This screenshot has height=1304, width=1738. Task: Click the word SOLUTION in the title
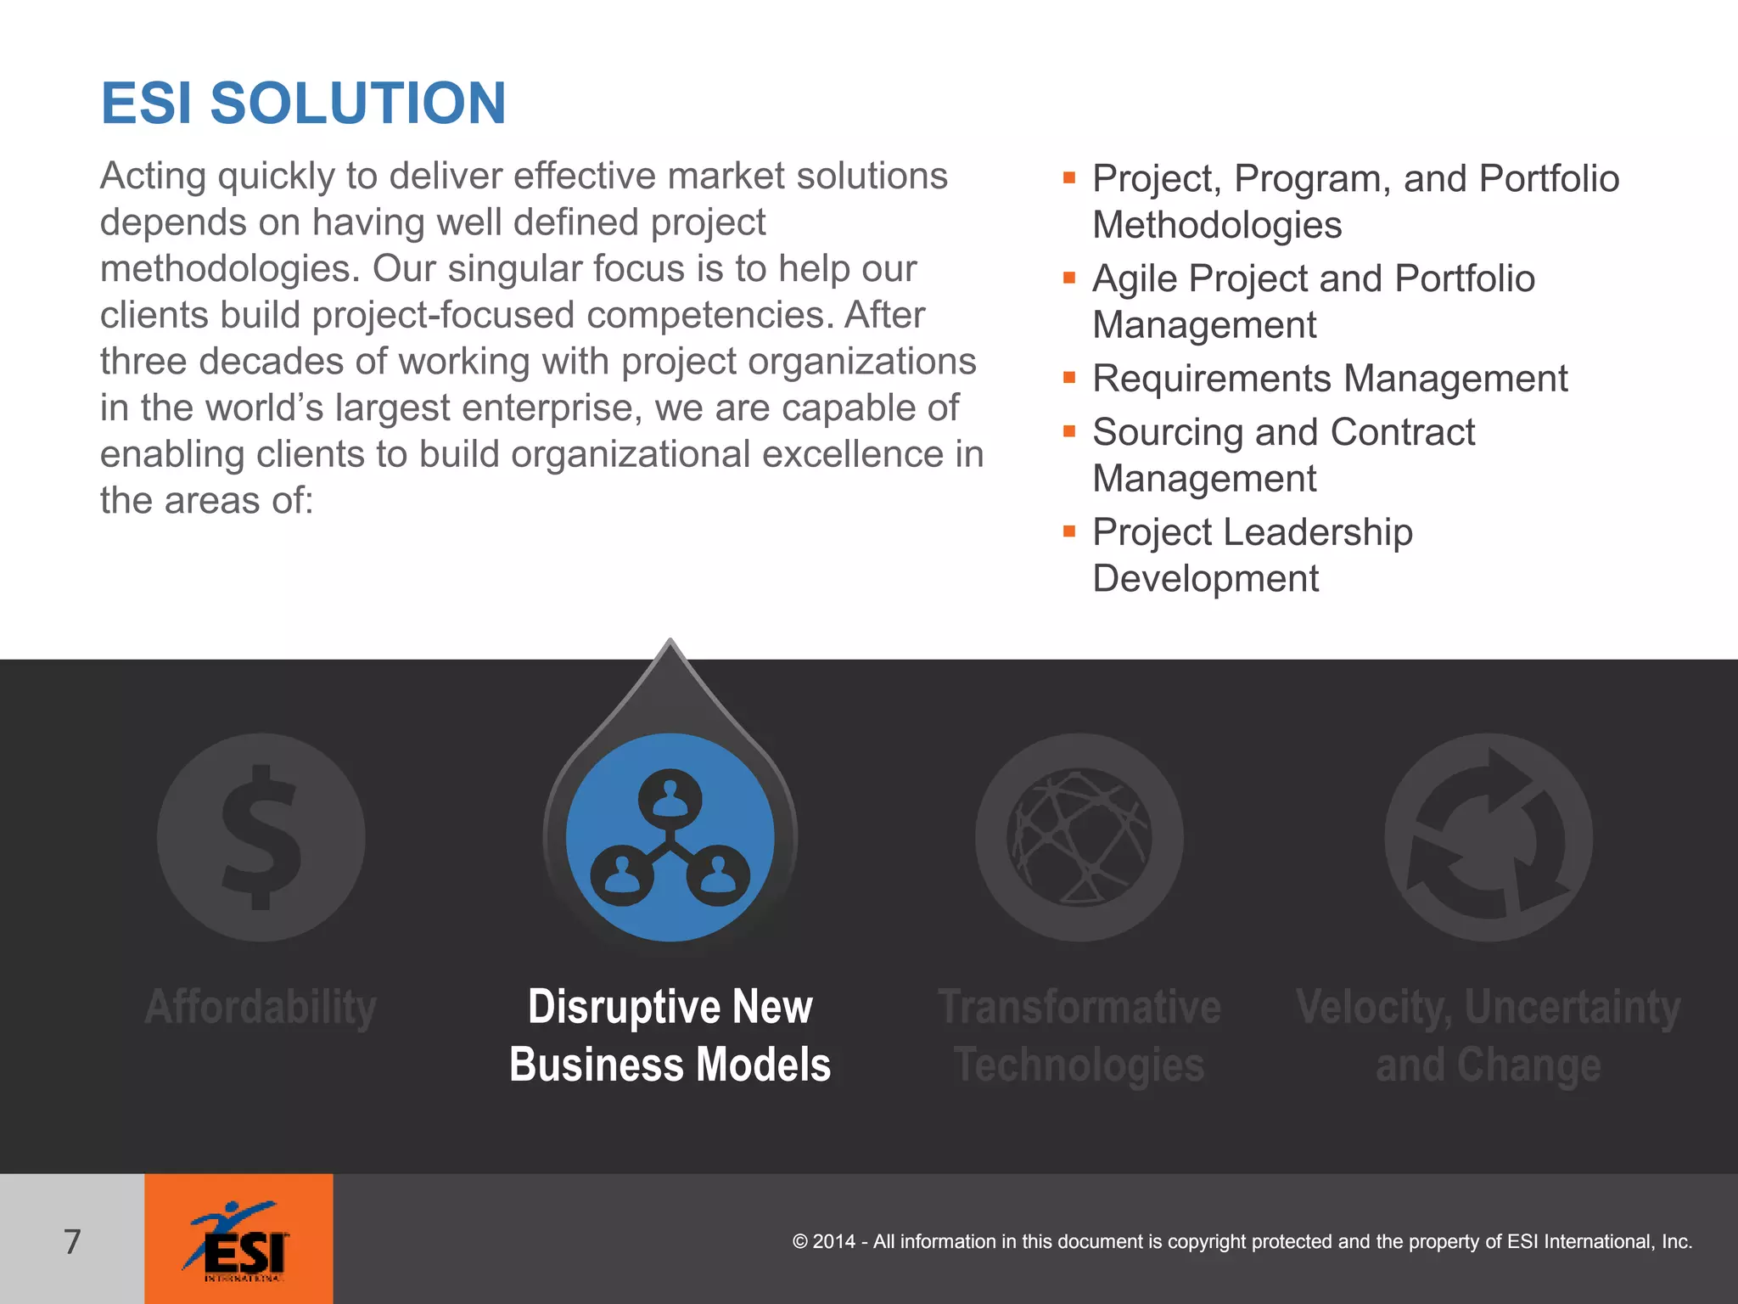tap(357, 104)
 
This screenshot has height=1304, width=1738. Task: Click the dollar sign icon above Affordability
tap(261, 837)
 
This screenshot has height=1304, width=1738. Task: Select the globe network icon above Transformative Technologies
tap(1079, 837)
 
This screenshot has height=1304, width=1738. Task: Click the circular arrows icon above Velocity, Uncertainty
tap(1489, 837)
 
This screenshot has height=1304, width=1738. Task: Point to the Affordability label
tap(261, 1008)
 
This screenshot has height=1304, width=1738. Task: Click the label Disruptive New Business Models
tap(670, 1036)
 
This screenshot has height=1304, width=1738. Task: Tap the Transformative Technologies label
tap(1079, 1036)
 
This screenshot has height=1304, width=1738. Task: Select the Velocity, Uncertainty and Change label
tap(1488, 1036)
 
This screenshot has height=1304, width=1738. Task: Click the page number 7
tap(72, 1241)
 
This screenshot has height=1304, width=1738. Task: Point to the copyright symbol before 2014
tap(799, 1242)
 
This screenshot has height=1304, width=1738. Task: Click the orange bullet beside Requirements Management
tap(1069, 377)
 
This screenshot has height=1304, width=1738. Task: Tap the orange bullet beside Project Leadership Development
tap(1069, 531)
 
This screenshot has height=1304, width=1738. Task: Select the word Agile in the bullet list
tap(1135, 279)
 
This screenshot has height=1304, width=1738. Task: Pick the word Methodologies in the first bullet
tap(1216, 226)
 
